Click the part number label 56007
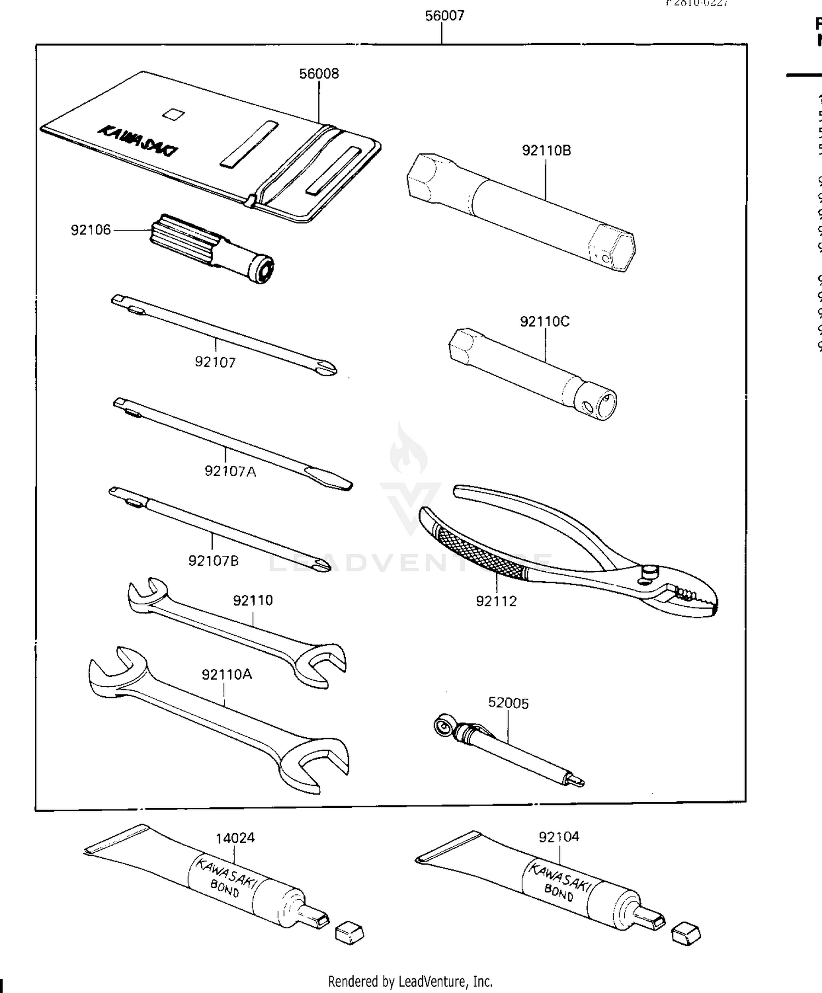(444, 16)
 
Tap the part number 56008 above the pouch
(319, 74)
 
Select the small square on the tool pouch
(174, 114)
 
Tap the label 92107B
(213, 561)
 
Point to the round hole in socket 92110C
(587, 407)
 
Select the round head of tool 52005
(442, 726)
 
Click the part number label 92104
(558, 837)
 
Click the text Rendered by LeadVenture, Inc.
(410, 981)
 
